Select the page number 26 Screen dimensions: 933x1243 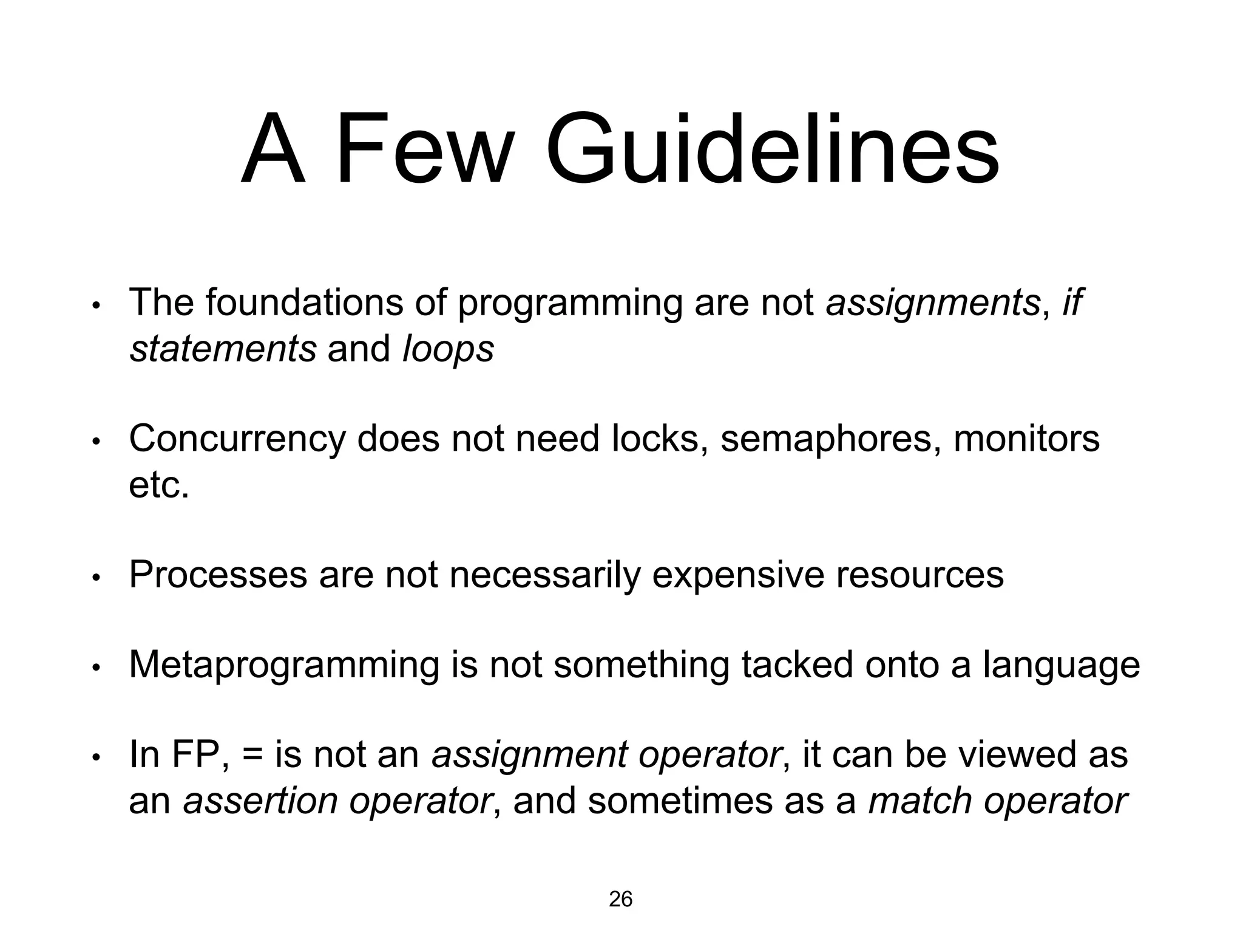coord(620,899)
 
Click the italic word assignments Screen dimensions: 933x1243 coord(933,302)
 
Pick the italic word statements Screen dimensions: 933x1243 coord(223,349)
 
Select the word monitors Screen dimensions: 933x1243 coord(1026,439)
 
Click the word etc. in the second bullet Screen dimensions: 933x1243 coord(159,485)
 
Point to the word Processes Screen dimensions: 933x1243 coord(218,575)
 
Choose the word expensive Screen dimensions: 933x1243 coord(737,575)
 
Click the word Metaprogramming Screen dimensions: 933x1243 coord(283,665)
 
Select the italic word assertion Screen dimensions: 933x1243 coord(260,801)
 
